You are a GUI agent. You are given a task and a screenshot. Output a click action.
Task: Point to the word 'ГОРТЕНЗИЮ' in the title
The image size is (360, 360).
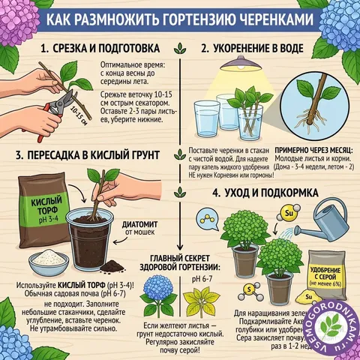[196, 17]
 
